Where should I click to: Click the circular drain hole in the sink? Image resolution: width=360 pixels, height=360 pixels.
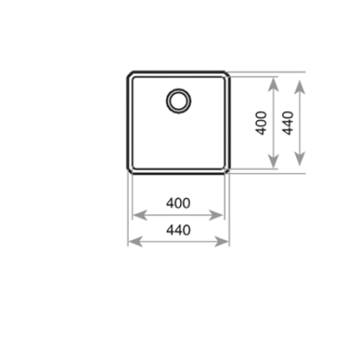[x=179, y=89]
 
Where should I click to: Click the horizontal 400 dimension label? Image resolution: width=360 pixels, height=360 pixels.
[x=179, y=203]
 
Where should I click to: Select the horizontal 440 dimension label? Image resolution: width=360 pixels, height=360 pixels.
[x=179, y=230]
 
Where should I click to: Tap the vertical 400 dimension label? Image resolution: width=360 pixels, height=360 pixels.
[x=261, y=123]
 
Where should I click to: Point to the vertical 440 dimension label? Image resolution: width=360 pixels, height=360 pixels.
[x=288, y=123]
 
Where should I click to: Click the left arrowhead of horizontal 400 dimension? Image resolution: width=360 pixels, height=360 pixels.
[x=139, y=215]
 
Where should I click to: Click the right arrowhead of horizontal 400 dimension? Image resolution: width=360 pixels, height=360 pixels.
[x=216, y=215]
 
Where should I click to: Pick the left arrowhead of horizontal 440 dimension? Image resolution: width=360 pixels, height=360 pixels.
[x=135, y=241]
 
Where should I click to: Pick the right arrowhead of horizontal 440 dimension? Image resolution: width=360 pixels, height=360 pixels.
[x=222, y=241]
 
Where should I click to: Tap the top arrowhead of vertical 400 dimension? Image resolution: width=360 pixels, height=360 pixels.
[x=273, y=84]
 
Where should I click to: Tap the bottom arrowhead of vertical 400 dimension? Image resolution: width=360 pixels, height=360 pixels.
[x=273, y=161]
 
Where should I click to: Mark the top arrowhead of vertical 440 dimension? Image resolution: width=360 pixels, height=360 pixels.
[x=300, y=87]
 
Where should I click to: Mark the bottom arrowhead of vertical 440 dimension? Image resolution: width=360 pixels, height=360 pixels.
[x=300, y=159]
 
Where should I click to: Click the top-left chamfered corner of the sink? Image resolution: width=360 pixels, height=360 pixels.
[x=130, y=74]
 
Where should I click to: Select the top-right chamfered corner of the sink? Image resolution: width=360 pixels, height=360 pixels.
[x=228, y=74]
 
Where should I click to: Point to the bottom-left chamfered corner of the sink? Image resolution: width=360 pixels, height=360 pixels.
[x=130, y=171]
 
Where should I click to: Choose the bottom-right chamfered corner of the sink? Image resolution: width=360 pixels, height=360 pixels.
[x=228, y=171]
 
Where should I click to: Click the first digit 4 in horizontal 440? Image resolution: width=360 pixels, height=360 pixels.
[x=170, y=230]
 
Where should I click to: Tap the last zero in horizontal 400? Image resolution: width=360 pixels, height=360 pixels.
[x=186, y=203]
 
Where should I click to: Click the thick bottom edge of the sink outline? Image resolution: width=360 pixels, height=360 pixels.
[x=179, y=173]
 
